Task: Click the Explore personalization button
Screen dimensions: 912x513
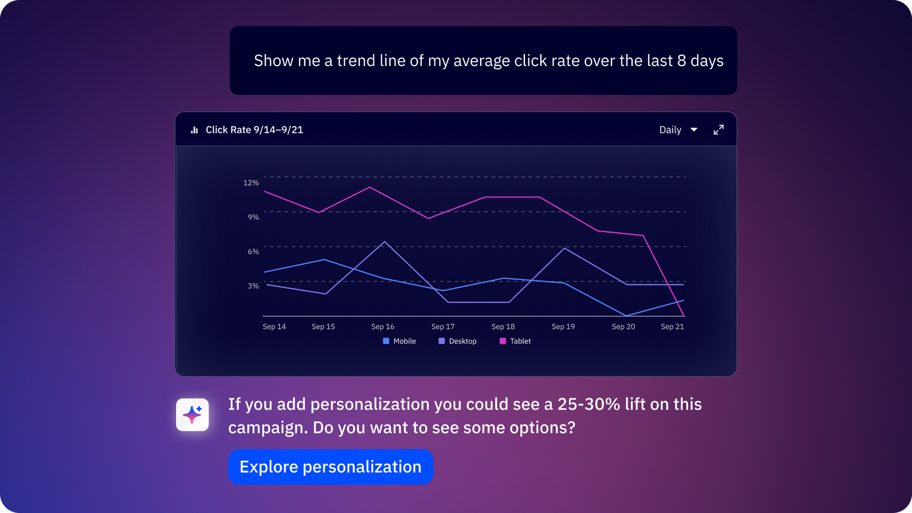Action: point(331,467)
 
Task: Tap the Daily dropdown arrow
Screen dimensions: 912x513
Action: point(694,130)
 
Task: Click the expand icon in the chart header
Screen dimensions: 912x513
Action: point(719,130)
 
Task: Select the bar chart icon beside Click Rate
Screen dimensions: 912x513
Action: point(194,130)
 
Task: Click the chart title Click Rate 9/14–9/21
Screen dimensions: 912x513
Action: point(254,130)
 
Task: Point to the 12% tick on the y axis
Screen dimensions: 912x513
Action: point(251,183)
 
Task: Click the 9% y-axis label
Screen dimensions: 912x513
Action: point(253,217)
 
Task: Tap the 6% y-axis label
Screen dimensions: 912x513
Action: point(253,251)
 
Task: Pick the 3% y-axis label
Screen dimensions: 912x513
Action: point(253,286)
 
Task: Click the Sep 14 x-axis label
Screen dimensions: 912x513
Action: point(274,327)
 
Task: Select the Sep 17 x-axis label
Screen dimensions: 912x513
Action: point(443,327)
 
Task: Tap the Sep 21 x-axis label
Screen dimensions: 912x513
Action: point(672,327)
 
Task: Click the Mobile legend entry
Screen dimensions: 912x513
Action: point(400,341)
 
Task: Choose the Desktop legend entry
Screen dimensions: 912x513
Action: point(457,341)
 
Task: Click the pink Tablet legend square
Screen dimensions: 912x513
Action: point(503,341)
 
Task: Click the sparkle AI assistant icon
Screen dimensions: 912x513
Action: point(192,414)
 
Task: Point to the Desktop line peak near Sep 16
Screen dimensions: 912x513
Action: point(385,242)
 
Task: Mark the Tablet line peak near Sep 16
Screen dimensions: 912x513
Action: point(370,188)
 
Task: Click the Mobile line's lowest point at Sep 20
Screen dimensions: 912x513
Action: point(625,316)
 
